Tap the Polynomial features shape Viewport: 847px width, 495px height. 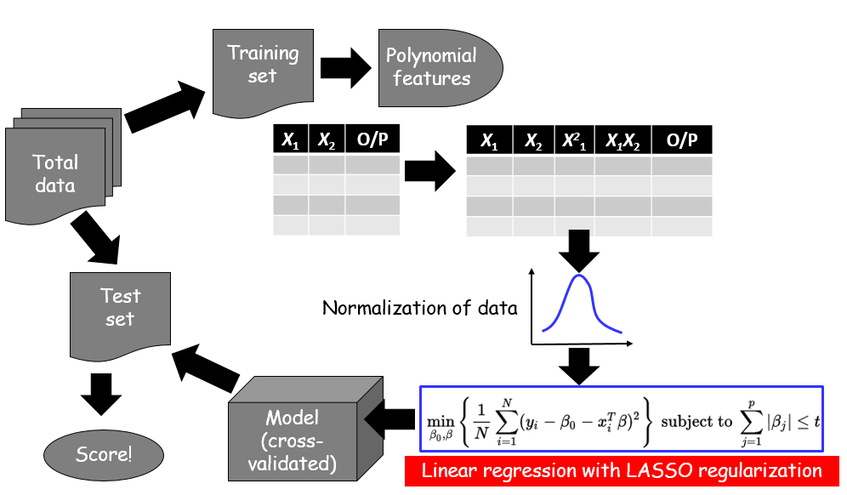(433, 67)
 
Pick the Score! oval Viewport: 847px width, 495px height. (104, 453)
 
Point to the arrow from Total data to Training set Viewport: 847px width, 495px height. (165, 106)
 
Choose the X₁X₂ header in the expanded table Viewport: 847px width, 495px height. (622, 141)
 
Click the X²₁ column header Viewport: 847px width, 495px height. (575, 141)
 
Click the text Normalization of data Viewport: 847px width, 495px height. (419, 308)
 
